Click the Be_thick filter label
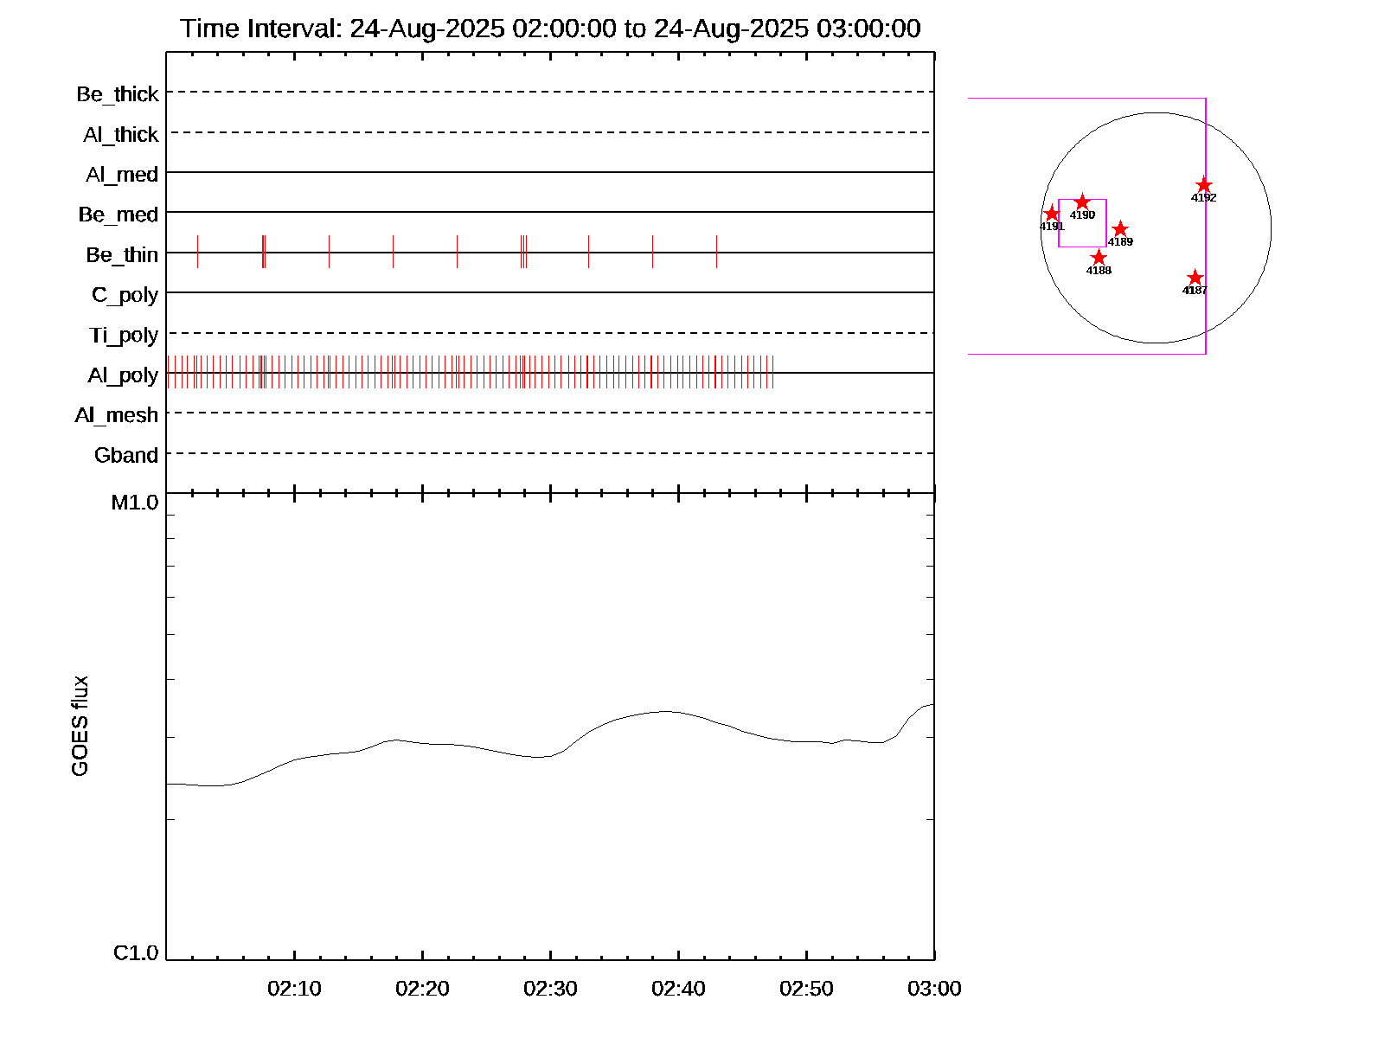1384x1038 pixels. pyautogui.click(x=118, y=94)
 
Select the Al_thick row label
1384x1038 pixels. pyautogui.click(x=121, y=135)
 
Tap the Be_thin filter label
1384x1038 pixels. pyautogui.click(x=122, y=255)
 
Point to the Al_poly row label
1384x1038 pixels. pyautogui.click(x=123, y=375)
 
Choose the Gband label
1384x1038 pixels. pyautogui.click(x=126, y=456)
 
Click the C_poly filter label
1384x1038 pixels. pyautogui.click(x=125, y=296)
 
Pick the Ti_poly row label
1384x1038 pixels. pyautogui.click(x=124, y=336)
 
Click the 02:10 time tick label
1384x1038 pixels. pyautogui.click(x=294, y=989)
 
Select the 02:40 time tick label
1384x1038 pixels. pyautogui.click(x=678, y=989)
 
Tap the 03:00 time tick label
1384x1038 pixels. pyautogui.click(x=934, y=989)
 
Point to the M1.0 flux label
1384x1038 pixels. pyautogui.click(x=135, y=503)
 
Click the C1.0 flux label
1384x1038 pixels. pyautogui.click(x=136, y=953)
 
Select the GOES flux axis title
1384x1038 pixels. pyautogui.click(x=80, y=727)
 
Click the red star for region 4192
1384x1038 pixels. pyautogui.click(x=1204, y=185)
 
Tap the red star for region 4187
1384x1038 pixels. pyautogui.click(x=1195, y=278)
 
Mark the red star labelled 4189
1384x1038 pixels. pyautogui.click(x=1120, y=229)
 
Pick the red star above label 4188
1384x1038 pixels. pyautogui.click(x=1099, y=258)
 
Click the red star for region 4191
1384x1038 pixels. pyautogui.click(x=1052, y=214)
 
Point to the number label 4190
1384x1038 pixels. pyautogui.click(x=1082, y=215)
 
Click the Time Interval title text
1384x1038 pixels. pyautogui.click(x=550, y=29)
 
